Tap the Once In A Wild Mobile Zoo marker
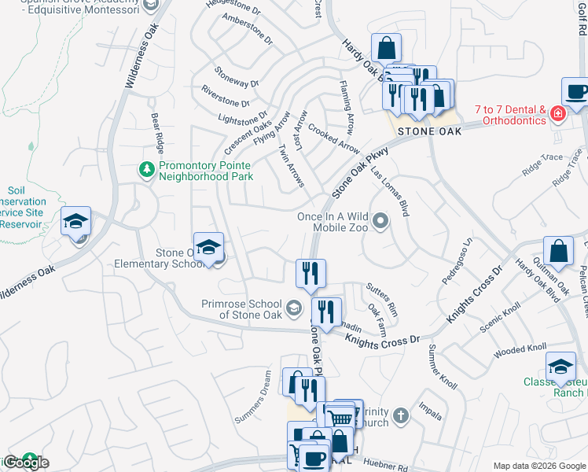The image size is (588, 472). (x=380, y=221)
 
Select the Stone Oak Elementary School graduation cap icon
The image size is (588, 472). (x=208, y=248)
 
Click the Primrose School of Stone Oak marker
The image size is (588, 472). (x=293, y=308)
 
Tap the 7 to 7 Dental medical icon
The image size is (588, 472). (x=558, y=115)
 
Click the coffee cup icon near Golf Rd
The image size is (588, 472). (x=576, y=91)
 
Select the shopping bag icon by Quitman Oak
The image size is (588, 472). (x=558, y=252)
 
